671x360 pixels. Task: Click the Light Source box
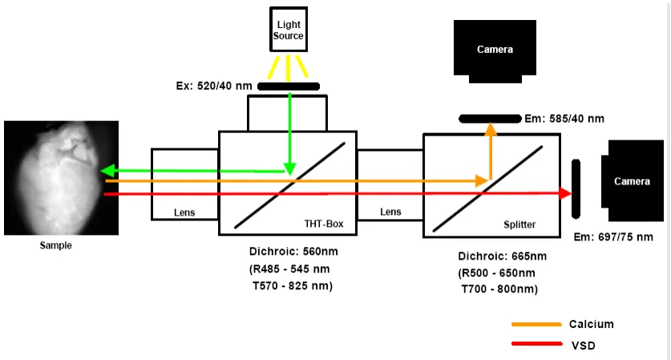(288, 31)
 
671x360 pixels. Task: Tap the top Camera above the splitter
(494, 49)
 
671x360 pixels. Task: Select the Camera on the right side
(632, 181)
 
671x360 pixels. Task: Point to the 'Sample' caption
(55, 245)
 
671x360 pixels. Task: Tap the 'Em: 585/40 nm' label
(564, 119)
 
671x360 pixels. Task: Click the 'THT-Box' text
(324, 224)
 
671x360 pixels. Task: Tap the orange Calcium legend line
(536, 324)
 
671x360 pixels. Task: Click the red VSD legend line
(536, 344)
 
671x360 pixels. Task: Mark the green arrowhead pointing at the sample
(104, 171)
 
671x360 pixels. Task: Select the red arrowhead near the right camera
(565, 193)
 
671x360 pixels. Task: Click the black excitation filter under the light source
(288, 86)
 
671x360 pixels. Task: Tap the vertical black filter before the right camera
(576, 188)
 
